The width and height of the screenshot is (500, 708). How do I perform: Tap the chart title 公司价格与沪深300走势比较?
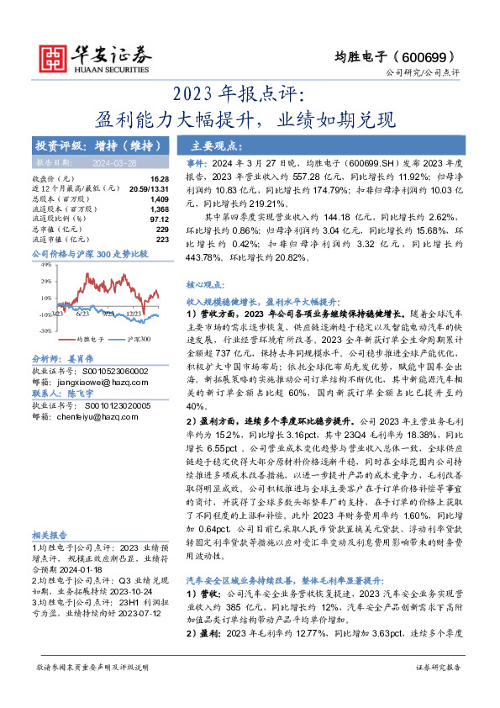(89, 252)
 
